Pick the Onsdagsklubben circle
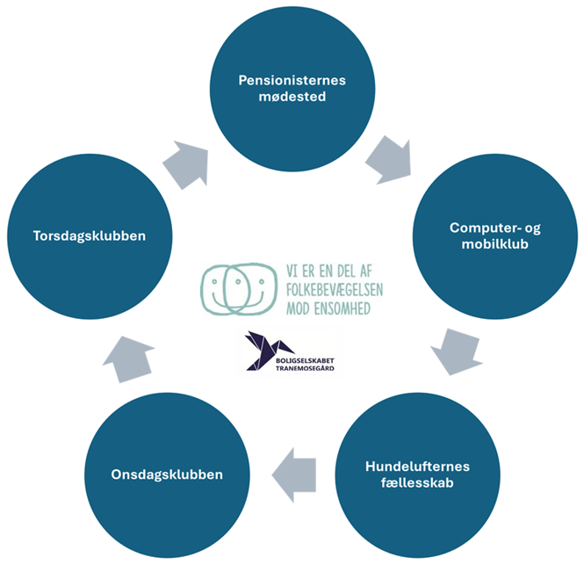167,474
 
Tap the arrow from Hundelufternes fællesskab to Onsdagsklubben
294,475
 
